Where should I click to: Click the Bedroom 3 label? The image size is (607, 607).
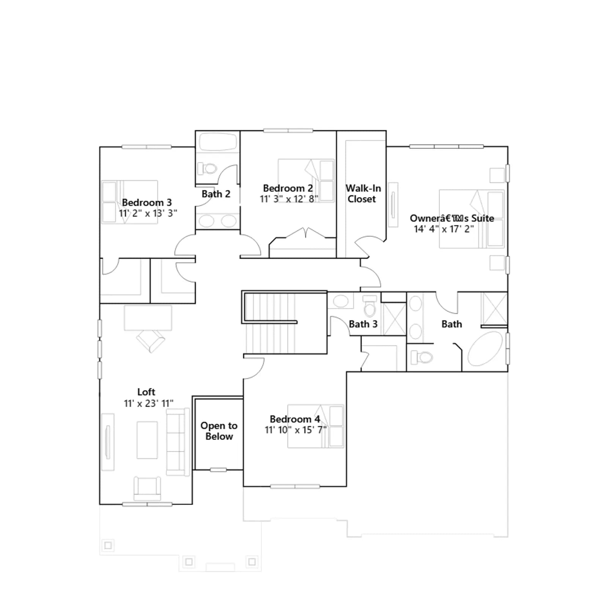click(x=147, y=203)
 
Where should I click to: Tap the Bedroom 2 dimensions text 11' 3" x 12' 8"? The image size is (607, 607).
click(x=289, y=199)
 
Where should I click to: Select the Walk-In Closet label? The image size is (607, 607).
click(x=363, y=193)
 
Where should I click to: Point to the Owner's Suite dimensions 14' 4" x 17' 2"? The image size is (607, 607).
click(x=444, y=229)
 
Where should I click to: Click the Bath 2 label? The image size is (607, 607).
click(x=216, y=194)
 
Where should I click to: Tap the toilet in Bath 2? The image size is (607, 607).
click(x=207, y=168)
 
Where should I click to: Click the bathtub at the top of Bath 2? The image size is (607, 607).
click(x=218, y=142)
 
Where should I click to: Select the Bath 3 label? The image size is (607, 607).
click(x=363, y=324)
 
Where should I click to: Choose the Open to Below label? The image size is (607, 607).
click(x=219, y=431)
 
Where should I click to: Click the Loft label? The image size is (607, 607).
click(x=146, y=392)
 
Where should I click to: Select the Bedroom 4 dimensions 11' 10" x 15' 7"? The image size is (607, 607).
click(x=296, y=430)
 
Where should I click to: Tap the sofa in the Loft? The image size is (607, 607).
click(x=178, y=442)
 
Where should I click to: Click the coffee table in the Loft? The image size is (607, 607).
click(x=147, y=440)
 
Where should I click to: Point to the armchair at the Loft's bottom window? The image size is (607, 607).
click(x=147, y=489)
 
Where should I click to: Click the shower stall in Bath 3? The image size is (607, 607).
click(x=394, y=319)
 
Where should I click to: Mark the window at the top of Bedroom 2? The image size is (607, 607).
click(x=288, y=131)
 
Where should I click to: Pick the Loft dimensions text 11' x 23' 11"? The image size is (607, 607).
click(x=149, y=404)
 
